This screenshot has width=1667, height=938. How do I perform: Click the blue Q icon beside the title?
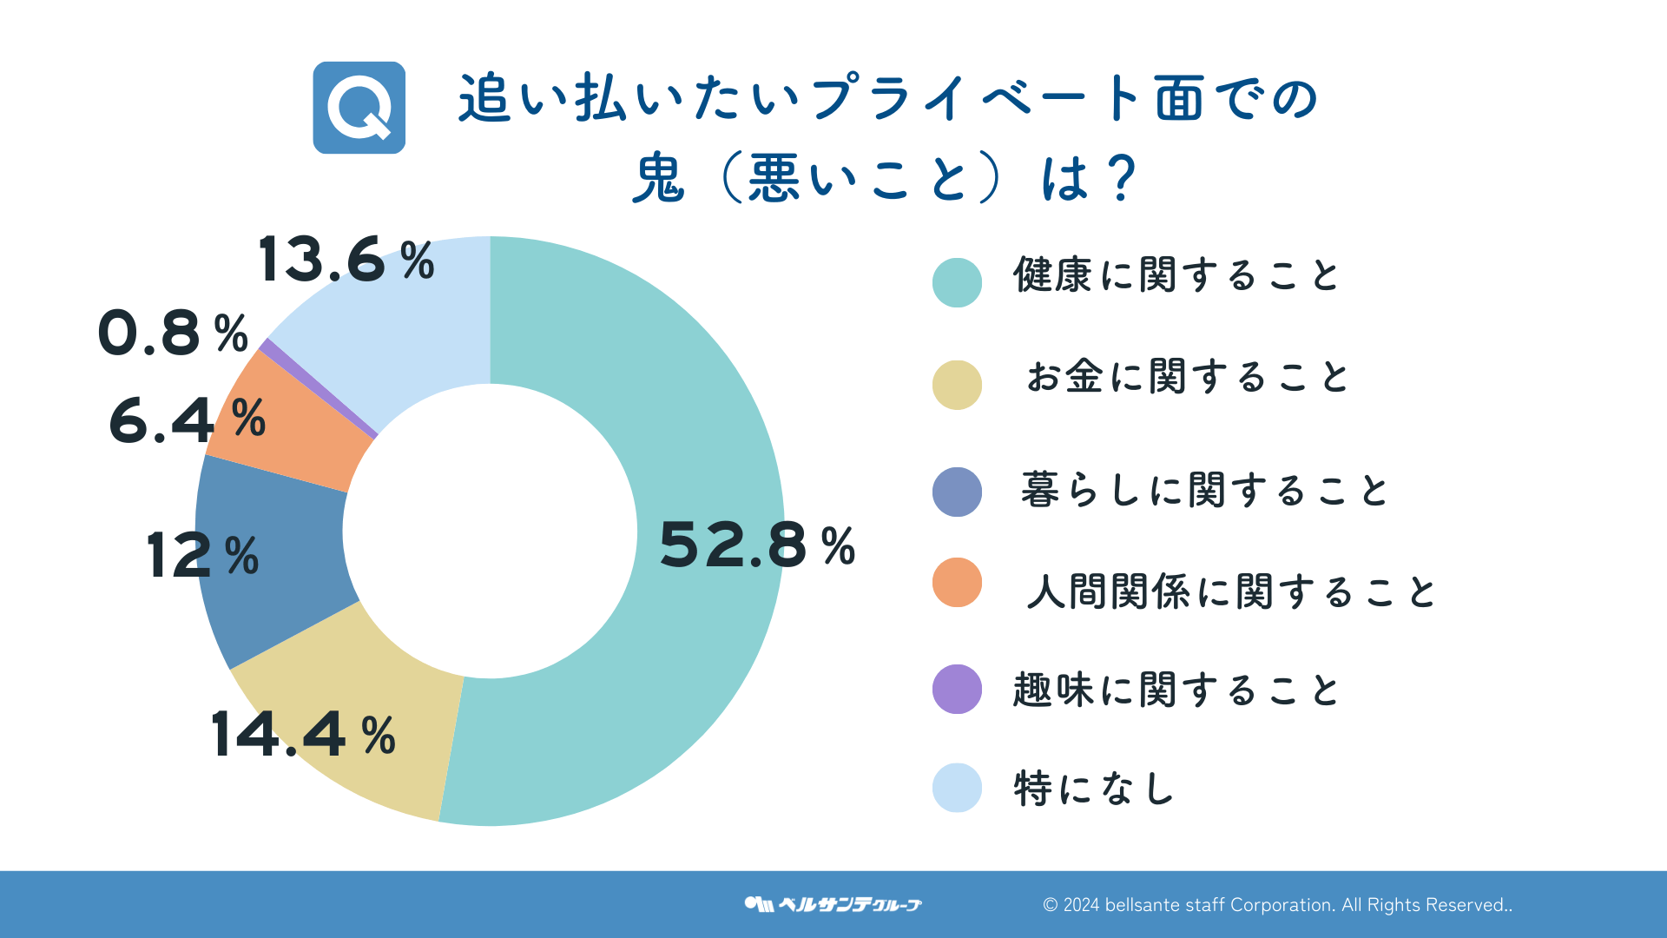(359, 108)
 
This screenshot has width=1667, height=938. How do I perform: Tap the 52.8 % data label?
(757, 545)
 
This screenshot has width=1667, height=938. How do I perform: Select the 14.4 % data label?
(303, 735)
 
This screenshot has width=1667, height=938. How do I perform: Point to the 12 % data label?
(202, 556)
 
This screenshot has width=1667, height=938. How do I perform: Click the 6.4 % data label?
(188, 420)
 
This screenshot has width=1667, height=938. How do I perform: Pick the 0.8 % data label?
(173, 334)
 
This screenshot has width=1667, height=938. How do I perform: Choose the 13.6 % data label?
(346, 260)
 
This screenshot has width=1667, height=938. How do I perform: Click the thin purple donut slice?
(318, 388)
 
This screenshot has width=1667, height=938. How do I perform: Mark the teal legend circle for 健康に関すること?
(957, 282)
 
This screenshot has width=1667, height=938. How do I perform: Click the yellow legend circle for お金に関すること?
(957, 385)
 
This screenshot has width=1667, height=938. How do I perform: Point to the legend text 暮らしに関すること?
(1204, 491)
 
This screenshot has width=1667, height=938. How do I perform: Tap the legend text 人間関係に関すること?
(1230, 592)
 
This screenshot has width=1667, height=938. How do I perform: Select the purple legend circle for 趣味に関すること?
(957, 690)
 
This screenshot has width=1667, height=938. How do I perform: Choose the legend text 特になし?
(1094, 789)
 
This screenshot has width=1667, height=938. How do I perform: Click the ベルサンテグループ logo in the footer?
(833, 904)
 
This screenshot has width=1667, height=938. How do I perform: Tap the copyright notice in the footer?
(1277, 905)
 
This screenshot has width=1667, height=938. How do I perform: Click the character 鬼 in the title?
(659, 179)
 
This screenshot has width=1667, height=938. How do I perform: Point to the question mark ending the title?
(1122, 179)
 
